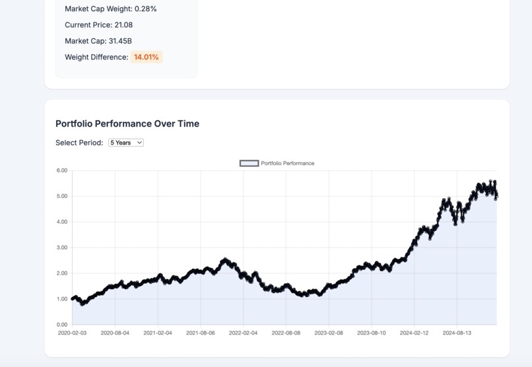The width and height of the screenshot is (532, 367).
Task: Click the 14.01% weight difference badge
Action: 146,57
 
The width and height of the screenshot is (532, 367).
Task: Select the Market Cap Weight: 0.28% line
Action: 111,9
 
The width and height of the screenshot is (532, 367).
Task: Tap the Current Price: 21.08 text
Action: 98,25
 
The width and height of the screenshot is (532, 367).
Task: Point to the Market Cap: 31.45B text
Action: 98,41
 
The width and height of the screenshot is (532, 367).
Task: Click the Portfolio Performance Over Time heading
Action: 127,123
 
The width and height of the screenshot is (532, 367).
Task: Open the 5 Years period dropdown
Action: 125,143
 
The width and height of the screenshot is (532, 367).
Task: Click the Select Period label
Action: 79,143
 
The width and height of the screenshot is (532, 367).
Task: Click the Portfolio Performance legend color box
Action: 249,163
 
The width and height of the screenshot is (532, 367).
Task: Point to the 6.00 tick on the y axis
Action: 62,170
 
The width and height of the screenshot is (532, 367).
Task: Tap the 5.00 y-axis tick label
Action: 62,196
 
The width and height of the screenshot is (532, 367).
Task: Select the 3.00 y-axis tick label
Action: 62,248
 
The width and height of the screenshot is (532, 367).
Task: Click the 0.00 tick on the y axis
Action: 62,325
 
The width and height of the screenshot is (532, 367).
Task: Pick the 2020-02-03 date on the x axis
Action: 72,333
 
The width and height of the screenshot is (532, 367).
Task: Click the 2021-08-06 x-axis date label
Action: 200,333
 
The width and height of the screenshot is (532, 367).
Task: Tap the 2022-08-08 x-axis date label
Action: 286,333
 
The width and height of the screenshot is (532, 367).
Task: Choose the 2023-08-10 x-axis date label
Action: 372,333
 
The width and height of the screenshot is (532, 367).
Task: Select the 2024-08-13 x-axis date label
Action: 457,333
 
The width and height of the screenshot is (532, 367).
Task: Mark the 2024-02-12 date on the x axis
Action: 415,333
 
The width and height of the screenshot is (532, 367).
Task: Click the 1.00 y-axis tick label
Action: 62,299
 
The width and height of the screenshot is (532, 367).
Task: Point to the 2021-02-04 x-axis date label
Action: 158,333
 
